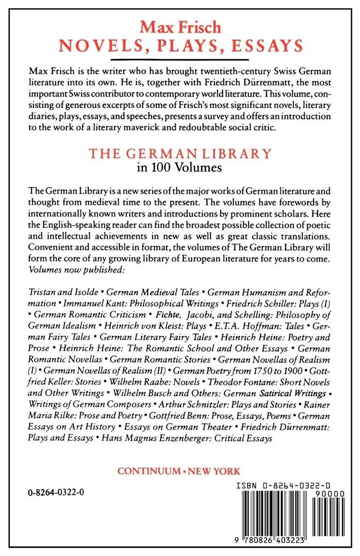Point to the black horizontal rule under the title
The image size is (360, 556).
(x=180, y=61)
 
